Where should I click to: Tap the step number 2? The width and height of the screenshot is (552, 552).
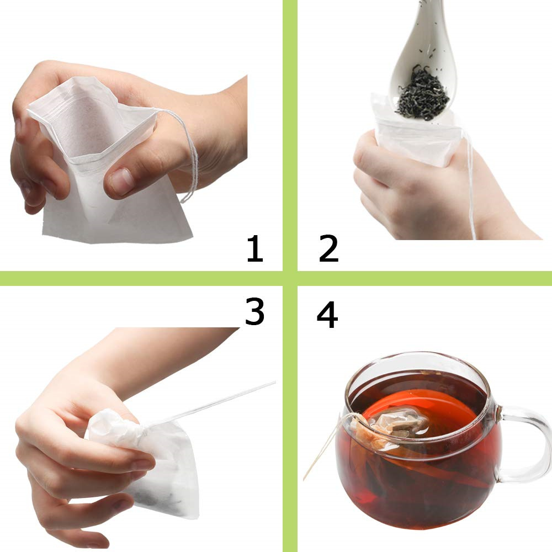(x=328, y=249)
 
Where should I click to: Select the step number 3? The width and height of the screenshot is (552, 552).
(x=254, y=312)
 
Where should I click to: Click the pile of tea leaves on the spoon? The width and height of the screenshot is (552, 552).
(x=422, y=94)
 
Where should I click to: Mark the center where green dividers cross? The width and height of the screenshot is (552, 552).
(x=290, y=278)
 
